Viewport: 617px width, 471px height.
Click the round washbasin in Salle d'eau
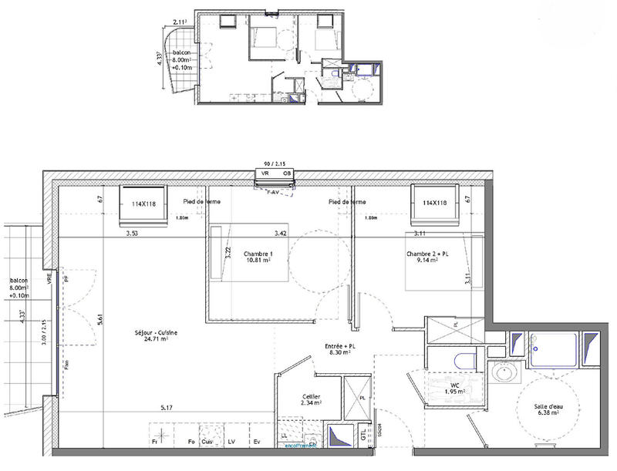(x=505, y=374)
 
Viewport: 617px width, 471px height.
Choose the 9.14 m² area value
(x=428, y=261)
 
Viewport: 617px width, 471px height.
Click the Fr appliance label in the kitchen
(x=155, y=442)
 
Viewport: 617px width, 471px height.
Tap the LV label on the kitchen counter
(x=231, y=442)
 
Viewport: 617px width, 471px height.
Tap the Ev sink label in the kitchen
(x=258, y=442)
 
